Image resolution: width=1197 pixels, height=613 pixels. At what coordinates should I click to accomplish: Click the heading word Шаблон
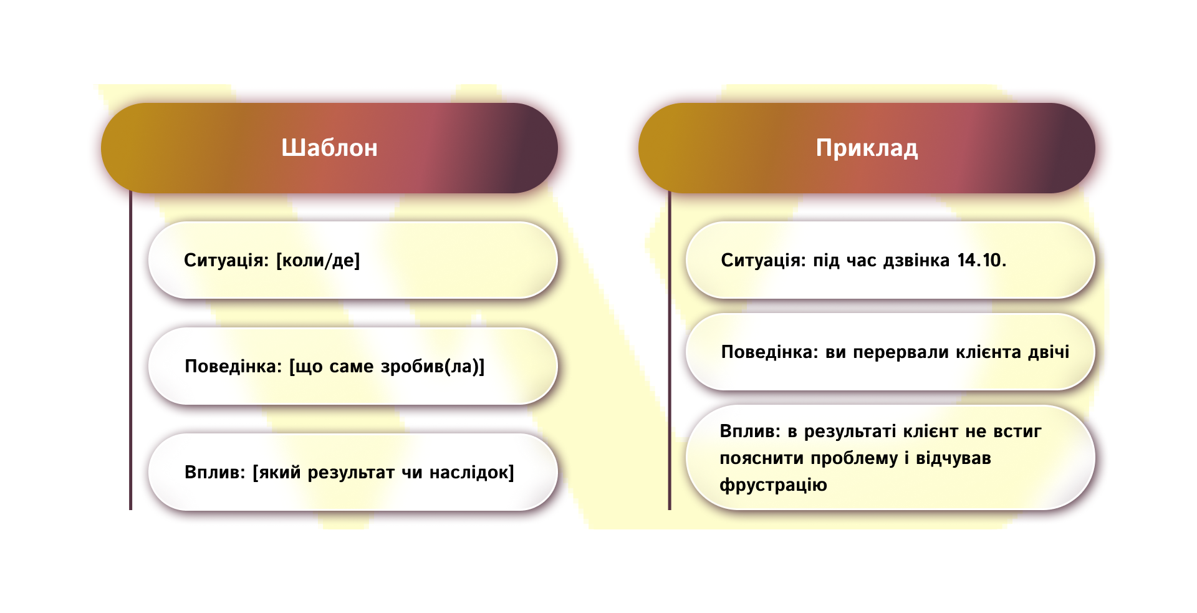pos(329,148)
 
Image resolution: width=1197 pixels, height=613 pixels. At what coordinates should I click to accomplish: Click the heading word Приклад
pos(867,148)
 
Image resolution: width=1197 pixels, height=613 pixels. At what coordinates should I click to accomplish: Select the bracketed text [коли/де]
pos(318,260)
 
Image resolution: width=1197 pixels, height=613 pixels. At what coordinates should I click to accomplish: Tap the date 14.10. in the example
pos(981,260)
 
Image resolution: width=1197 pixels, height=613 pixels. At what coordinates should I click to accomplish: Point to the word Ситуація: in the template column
pos(226,260)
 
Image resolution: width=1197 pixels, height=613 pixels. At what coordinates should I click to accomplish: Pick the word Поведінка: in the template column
pos(234,366)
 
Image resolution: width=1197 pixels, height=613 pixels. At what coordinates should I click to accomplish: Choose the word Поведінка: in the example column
pos(769,352)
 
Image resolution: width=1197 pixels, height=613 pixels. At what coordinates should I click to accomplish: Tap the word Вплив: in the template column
pos(215,472)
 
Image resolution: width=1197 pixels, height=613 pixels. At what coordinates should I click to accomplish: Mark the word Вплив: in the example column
pos(750,431)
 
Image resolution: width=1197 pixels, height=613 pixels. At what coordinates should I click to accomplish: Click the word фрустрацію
pos(773,485)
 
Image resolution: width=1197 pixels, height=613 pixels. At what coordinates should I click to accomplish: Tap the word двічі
pos(1049,352)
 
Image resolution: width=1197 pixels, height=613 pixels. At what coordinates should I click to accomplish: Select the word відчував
pos(953,458)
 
